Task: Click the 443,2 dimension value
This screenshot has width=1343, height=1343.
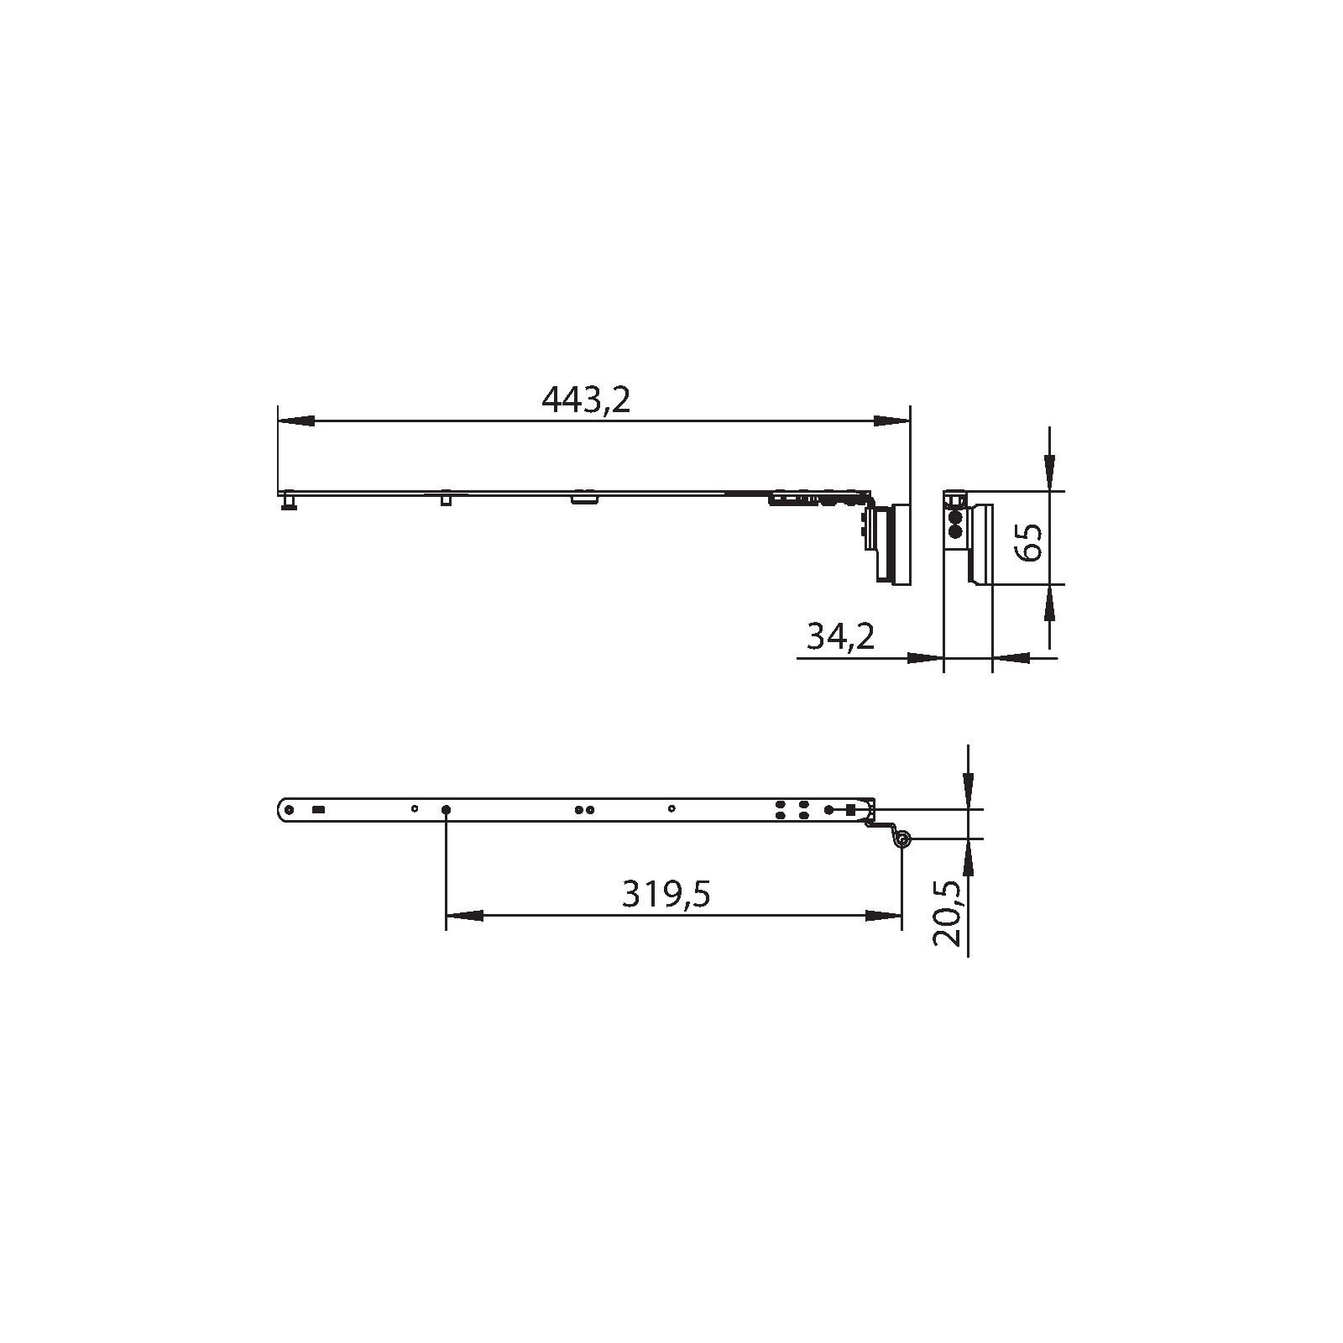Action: coord(585,400)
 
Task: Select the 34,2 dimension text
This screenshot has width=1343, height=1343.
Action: coord(840,636)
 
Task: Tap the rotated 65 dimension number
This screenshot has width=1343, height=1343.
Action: coord(1028,541)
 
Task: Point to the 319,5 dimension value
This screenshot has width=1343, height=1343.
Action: coord(666,895)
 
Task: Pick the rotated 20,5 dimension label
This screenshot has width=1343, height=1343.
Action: coord(948,913)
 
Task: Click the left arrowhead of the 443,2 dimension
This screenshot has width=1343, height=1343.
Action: coord(295,421)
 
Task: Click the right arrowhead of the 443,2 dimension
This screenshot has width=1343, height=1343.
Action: coord(891,421)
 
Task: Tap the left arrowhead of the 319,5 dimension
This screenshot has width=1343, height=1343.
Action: coord(464,916)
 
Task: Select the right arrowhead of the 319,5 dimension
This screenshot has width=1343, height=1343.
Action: coord(883,916)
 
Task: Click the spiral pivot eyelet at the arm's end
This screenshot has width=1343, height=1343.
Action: coord(901,839)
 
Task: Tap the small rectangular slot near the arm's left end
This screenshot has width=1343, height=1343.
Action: coord(318,810)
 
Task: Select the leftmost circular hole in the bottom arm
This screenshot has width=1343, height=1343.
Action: coord(289,810)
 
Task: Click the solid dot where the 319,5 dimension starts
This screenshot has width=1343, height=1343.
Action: coord(446,810)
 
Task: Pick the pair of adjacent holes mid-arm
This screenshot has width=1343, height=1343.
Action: coord(584,810)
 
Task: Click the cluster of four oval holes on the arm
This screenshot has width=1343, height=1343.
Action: coord(792,809)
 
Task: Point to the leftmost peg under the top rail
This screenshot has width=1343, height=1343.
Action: coord(289,502)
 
